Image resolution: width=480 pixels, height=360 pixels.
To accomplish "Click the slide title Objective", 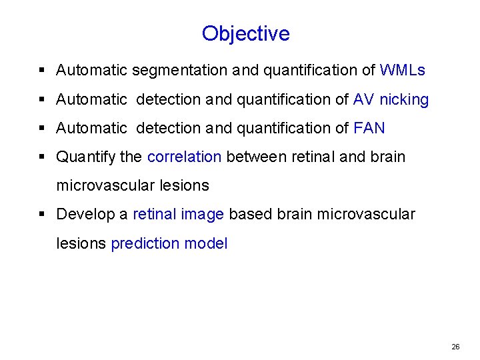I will [245, 33].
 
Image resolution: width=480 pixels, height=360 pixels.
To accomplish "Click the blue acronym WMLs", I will [402, 70].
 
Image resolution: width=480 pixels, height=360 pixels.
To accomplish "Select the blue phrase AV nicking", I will [391, 99].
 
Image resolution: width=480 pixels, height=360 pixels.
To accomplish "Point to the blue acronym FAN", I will [369, 128].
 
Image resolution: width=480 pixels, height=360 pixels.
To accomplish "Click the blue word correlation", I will [184, 157].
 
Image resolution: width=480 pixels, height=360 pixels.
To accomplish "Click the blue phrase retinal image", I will [178, 214].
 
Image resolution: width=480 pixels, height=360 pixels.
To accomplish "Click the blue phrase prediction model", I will [169, 243].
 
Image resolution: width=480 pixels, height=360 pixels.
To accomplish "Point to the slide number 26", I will [455, 347].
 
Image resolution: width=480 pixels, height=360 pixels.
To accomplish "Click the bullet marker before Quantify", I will [43, 157].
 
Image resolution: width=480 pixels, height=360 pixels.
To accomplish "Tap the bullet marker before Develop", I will [43, 215].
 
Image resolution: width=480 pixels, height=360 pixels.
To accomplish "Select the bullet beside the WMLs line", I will [43, 71].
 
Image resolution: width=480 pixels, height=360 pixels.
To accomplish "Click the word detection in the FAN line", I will [168, 128].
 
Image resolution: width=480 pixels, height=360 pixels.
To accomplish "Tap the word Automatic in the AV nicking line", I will [91, 99].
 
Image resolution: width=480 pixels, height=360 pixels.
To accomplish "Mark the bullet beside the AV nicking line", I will [43, 100].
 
